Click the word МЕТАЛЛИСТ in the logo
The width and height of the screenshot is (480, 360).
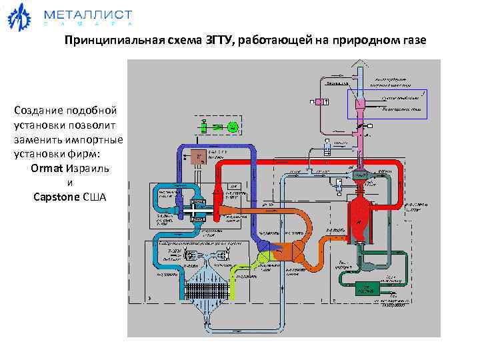tap(87, 15)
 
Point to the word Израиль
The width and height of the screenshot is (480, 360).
tap(86, 168)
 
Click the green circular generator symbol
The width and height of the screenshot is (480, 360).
tap(231, 126)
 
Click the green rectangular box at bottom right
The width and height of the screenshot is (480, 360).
tap(366, 288)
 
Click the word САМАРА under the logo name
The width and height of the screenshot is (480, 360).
tap(87, 25)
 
